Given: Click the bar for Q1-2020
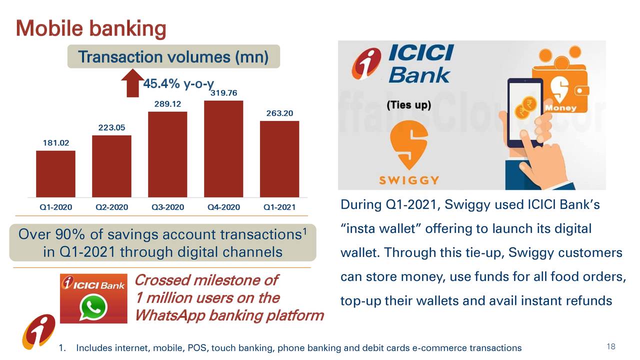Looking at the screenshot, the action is (x=55, y=173).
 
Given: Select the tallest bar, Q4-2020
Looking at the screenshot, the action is (x=223, y=148).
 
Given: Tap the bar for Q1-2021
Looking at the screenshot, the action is (x=279, y=159).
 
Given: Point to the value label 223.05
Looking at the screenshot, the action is (x=111, y=127).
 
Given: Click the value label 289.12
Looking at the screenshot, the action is (x=167, y=103).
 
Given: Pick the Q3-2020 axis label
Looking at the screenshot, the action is (x=167, y=207).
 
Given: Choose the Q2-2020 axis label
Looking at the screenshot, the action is (x=111, y=207).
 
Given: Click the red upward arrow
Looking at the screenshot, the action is (x=132, y=83).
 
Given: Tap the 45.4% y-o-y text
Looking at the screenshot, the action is (x=178, y=84).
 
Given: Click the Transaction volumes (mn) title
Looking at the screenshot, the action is (x=173, y=56).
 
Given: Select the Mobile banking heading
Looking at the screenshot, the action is (x=91, y=28).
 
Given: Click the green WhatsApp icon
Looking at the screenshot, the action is (x=93, y=307).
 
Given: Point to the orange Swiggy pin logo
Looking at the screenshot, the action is (x=409, y=145).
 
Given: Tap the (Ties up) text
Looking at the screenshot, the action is (x=409, y=105).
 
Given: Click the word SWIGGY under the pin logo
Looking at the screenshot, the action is (x=409, y=180).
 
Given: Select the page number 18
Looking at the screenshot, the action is (x=611, y=346).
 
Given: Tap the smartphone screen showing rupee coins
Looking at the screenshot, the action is (x=525, y=111).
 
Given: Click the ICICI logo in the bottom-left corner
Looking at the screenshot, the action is (x=39, y=331).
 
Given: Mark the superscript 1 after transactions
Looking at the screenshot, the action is (x=305, y=231).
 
